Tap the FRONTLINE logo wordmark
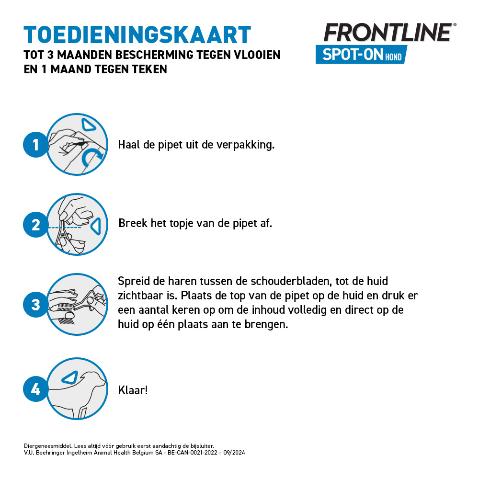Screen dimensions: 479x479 [388, 33]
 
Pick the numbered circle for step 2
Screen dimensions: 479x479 [35, 225]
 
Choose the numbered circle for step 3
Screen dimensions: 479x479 [35, 305]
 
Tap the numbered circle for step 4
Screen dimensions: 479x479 [35, 389]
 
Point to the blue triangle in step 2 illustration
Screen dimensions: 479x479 [96, 225]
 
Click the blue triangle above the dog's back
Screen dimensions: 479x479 [70, 377]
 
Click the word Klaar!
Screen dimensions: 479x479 [133, 390]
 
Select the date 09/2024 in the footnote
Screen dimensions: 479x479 [234, 452]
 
